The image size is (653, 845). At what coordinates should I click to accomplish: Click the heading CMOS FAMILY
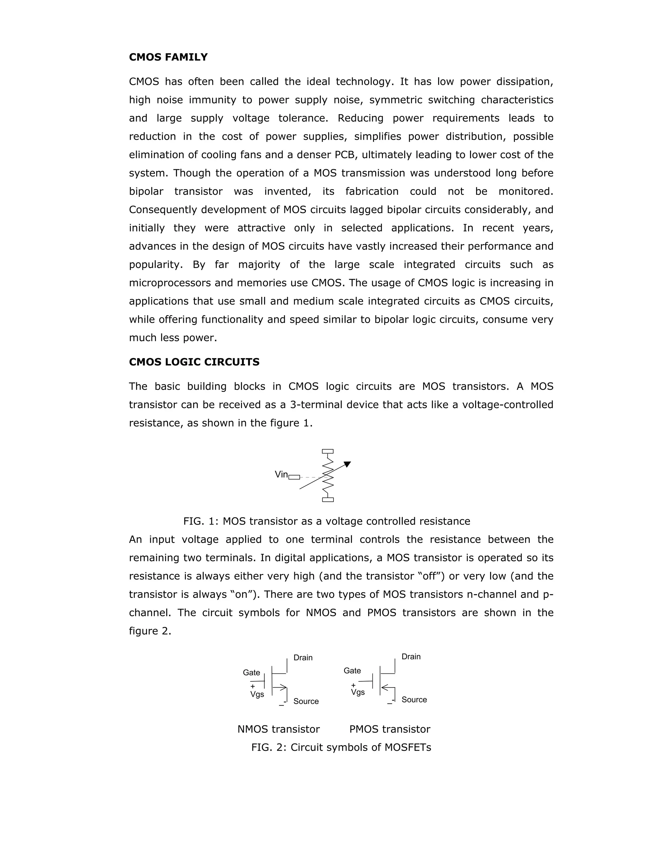[168, 57]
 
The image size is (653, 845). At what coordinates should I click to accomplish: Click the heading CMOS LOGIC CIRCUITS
[194, 362]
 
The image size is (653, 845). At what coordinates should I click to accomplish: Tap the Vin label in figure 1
[281, 474]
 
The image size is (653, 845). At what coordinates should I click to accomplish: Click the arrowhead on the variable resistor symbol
[348, 464]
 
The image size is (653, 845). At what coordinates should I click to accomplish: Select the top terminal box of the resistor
[328, 451]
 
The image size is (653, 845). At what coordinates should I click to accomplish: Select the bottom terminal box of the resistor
[328, 499]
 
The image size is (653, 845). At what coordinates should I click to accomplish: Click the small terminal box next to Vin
[294, 477]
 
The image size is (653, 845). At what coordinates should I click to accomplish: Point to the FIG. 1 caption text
[326, 521]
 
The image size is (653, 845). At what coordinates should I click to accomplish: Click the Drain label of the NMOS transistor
[303, 658]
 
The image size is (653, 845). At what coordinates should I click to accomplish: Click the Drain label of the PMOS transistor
[411, 657]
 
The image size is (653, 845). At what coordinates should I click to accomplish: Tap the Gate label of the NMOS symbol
[252, 672]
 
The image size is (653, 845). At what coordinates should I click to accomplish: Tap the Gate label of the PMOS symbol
[352, 671]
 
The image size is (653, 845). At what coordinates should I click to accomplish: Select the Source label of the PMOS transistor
[414, 700]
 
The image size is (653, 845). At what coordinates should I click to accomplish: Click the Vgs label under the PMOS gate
[358, 692]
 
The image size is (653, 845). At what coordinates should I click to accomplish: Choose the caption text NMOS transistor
[279, 729]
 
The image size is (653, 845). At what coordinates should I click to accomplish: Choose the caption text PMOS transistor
[390, 729]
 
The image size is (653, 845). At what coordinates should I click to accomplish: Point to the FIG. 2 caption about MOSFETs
[341, 747]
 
